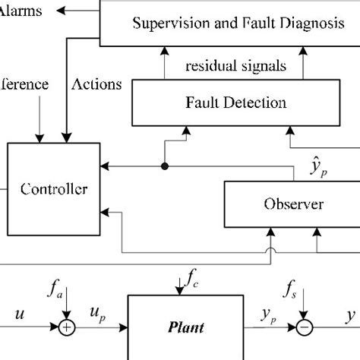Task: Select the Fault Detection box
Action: [236, 102]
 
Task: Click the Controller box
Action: [54, 188]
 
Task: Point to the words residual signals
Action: [236, 66]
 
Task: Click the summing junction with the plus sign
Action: [68, 328]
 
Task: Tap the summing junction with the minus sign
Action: [305, 328]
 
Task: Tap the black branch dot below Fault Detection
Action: [164, 164]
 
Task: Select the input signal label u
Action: [20, 313]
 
